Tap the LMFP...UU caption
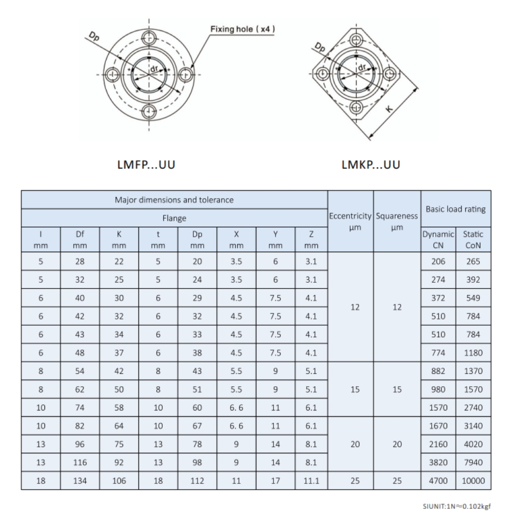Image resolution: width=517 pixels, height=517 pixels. tap(148, 166)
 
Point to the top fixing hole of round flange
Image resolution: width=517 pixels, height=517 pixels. tap(149, 37)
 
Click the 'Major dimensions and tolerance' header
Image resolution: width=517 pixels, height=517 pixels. tap(175, 200)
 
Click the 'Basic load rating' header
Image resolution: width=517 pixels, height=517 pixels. tap(455, 209)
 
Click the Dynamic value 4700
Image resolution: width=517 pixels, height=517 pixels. tap(438, 480)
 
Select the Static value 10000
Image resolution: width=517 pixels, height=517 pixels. tap(474, 480)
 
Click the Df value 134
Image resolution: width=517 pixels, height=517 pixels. tap(81, 480)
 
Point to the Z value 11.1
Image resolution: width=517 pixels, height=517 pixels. tap(311, 480)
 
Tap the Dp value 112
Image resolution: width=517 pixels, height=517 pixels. tap(197, 480)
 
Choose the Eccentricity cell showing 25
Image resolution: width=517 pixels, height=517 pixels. tap(351, 480)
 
